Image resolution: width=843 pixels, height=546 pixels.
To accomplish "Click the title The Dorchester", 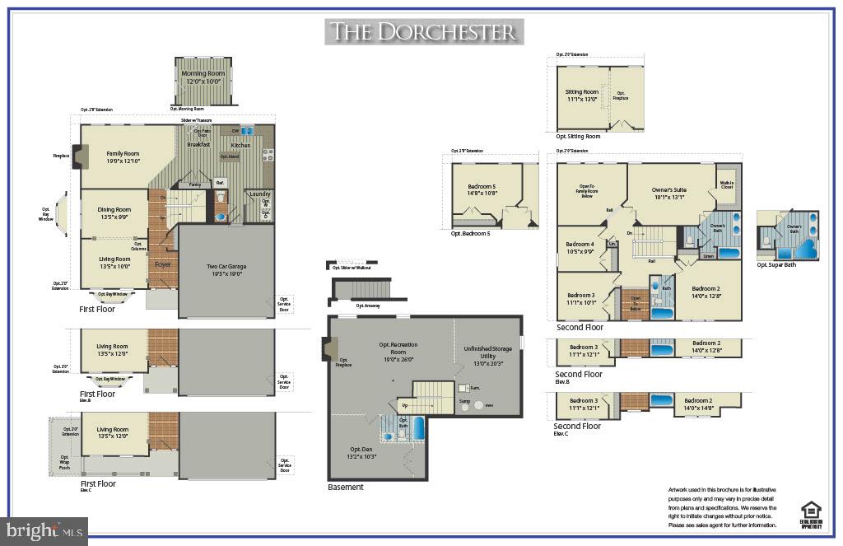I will pos(423,32).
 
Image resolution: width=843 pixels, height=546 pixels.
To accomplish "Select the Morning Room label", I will pos(203,74).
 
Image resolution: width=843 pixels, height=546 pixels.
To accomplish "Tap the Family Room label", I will pos(123,154).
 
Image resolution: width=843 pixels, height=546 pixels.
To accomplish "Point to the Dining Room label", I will pos(114,210).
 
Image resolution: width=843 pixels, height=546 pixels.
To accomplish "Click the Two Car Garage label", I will pos(226,266).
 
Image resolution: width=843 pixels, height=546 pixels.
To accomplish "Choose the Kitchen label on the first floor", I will pos(240,146).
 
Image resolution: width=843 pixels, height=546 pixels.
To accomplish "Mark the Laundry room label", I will pos(260,194).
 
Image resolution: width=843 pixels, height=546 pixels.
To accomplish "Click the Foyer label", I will pos(162,264).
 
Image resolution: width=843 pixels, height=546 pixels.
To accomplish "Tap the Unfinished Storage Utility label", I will pos(487,352).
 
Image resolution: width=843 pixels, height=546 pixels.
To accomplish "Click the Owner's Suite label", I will pos(668,190).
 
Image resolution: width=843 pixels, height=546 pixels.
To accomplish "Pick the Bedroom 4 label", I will pos(580,245).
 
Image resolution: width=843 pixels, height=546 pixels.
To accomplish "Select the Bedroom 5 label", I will pos(482,188).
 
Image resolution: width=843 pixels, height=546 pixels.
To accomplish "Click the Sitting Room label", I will pos(581,92).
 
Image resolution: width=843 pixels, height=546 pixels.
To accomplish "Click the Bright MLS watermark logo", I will pos(44,531).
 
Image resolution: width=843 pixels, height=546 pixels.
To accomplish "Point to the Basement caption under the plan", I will pos(345,487).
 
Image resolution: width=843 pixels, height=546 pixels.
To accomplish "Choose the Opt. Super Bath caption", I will pos(776,264).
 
